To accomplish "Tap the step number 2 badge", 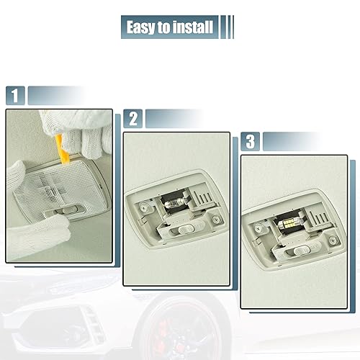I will (x=132, y=119).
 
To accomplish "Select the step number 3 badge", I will (x=250, y=140).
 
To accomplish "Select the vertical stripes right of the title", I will (x=229, y=28).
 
